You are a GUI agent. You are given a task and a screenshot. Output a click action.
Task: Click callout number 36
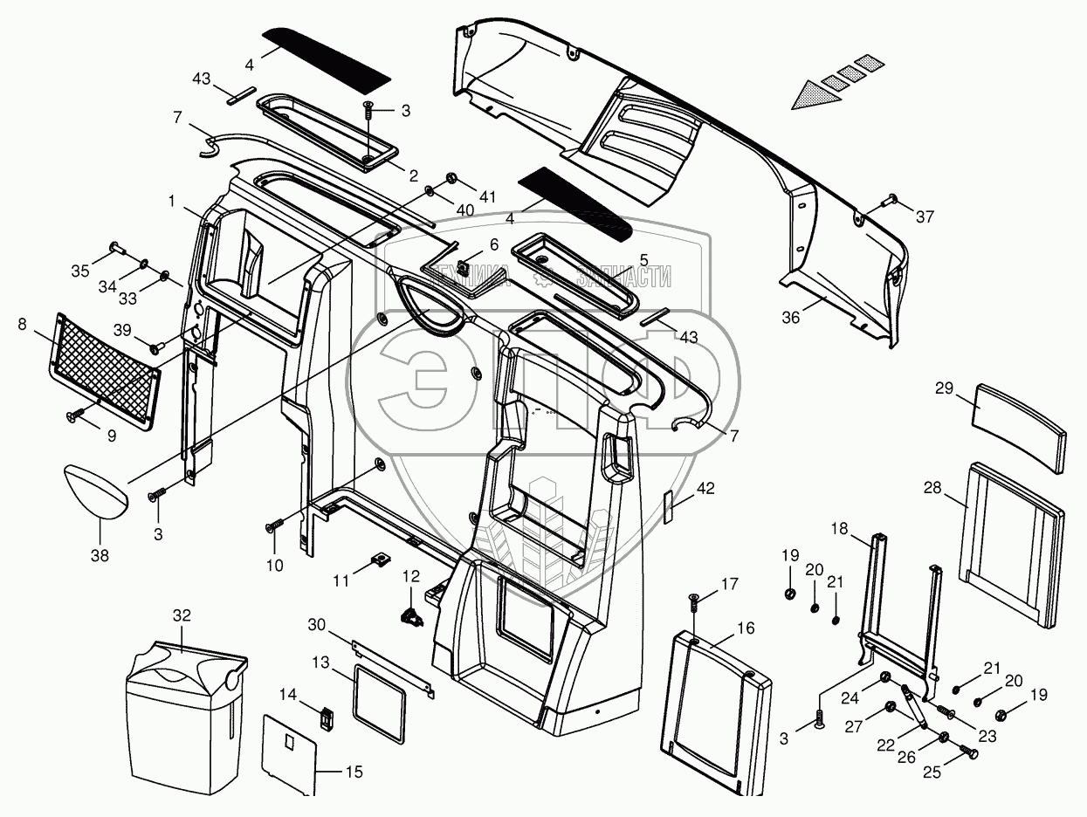(791, 318)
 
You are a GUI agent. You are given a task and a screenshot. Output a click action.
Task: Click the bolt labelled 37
(891, 200)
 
